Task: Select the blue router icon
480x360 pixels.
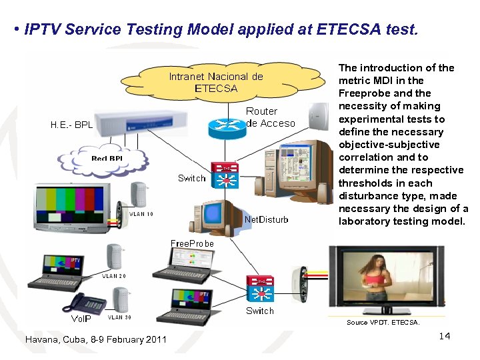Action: [x=226, y=127]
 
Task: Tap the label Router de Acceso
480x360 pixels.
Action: [x=270, y=117]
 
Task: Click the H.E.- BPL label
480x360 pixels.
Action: [x=72, y=125]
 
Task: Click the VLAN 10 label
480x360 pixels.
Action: [x=141, y=214]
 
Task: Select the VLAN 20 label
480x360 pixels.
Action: [x=113, y=275]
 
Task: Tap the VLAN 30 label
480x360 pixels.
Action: [x=119, y=317]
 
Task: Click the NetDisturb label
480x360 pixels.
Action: [x=267, y=219]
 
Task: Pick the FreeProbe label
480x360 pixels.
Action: [x=192, y=243]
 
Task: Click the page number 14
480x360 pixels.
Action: [x=444, y=336]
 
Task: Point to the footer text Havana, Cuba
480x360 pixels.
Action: [x=95, y=340]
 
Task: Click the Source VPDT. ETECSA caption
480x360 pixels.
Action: [x=383, y=323]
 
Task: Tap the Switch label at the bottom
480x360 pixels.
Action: [x=259, y=311]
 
